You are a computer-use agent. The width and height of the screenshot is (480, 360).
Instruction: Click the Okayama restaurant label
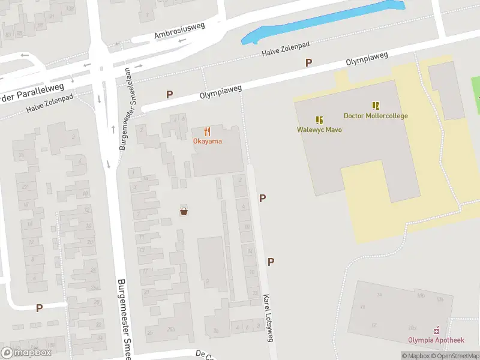pos(207,142)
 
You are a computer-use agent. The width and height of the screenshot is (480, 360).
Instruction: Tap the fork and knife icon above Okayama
pos(207,131)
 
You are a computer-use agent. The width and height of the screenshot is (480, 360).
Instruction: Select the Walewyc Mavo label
pos(319,130)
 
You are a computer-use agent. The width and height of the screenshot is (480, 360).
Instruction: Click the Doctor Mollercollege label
pos(376,116)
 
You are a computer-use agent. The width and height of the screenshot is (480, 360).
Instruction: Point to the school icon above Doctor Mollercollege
pos(376,106)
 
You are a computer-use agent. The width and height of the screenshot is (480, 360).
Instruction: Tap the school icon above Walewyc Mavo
pos(319,119)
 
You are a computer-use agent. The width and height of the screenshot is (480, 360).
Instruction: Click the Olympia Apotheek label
pos(436,340)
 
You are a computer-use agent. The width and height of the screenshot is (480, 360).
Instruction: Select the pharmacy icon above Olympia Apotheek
pos(437,330)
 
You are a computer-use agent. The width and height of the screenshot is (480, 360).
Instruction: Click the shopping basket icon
pos(184,211)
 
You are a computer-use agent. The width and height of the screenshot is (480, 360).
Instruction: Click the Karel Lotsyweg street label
pos(268,318)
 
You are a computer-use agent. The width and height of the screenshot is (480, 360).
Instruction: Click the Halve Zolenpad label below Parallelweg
pos(49,106)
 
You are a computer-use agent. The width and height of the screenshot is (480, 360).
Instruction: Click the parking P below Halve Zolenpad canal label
pos(309,62)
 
